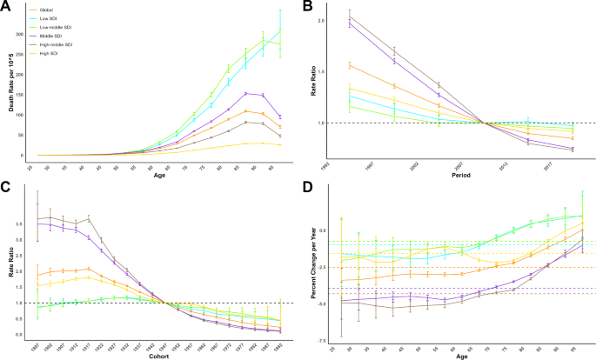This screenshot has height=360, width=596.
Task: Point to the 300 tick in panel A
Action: click(x=19, y=34)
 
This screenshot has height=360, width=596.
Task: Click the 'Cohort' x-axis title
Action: click(x=158, y=353)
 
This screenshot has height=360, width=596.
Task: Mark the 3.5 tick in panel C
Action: click(x=22, y=223)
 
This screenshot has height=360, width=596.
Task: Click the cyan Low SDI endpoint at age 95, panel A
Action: click(x=279, y=30)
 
